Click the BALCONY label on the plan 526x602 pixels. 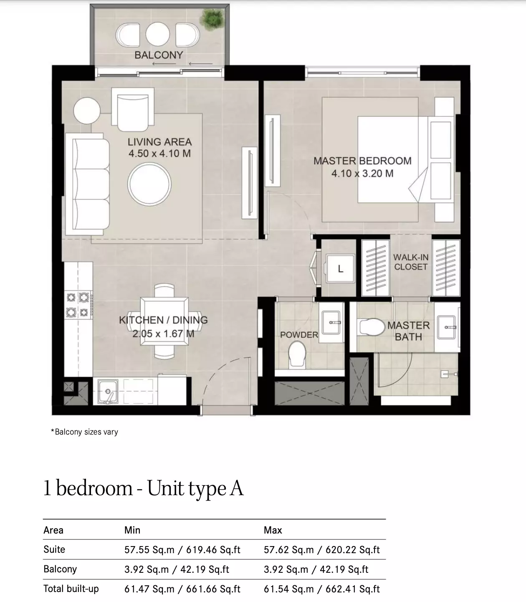(x=159, y=55)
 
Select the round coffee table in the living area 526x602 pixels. (x=149, y=184)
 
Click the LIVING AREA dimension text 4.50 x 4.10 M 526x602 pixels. (x=160, y=153)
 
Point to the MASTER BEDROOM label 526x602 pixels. (x=362, y=161)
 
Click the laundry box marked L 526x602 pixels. (x=340, y=268)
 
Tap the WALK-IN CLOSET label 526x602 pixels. (x=411, y=262)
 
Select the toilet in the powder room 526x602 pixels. (x=297, y=354)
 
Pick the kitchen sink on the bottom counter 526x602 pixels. (x=108, y=391)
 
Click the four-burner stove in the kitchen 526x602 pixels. (x=78, y=304)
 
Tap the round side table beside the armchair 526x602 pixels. (x=87, y=111)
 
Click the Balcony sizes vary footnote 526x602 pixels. (x=84, y=432)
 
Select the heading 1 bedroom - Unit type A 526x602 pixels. (x=144, y=488)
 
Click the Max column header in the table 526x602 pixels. (x=273, y=530)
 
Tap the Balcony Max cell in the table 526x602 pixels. (x=316, y=569)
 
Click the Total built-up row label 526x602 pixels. (x=71, y=589)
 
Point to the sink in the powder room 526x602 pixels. (x=331, y=322)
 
